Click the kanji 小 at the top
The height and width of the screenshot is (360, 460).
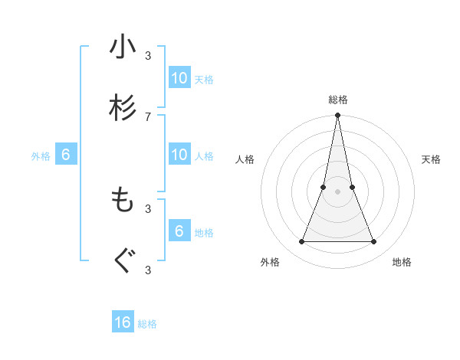123,48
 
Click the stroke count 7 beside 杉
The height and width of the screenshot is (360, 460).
148,116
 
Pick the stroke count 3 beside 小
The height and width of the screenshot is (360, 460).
148,55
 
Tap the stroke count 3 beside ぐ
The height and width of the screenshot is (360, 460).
148,269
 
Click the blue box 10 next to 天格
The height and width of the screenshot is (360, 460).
179,77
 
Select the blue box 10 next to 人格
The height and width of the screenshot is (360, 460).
179,155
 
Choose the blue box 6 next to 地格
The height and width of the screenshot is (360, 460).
179,231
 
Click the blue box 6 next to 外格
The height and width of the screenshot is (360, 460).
66,155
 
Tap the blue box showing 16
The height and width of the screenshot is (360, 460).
123,322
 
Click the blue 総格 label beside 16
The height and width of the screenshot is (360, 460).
148,324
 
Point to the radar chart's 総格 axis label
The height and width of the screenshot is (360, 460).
338,100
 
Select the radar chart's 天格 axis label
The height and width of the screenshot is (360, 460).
432,159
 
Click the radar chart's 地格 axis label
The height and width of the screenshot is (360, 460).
402,262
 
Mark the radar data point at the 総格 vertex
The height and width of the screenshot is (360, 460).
338,116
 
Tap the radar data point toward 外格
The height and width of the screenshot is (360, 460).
301,242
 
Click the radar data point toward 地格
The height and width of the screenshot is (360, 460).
374,242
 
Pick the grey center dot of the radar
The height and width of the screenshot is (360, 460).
338,192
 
